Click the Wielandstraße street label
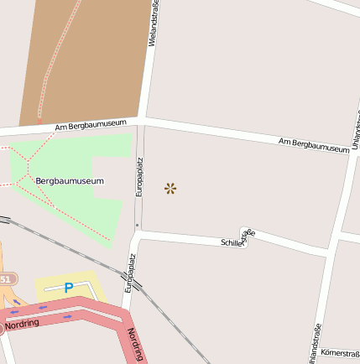[x=154, y=25]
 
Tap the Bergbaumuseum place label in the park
[x=70, y=180]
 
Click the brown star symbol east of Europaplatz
[x=170, y=189]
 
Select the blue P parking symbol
[x=69, y=288]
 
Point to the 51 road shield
[x=6, y=278]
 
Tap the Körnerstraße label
[x=340, y=353]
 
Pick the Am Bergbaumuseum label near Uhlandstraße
[x=314, y=144]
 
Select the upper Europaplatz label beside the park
[x=140, y=177]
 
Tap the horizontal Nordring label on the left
[x=22, y=323]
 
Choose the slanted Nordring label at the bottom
[x=137, y=345]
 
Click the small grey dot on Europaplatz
[x=137, y=225]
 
